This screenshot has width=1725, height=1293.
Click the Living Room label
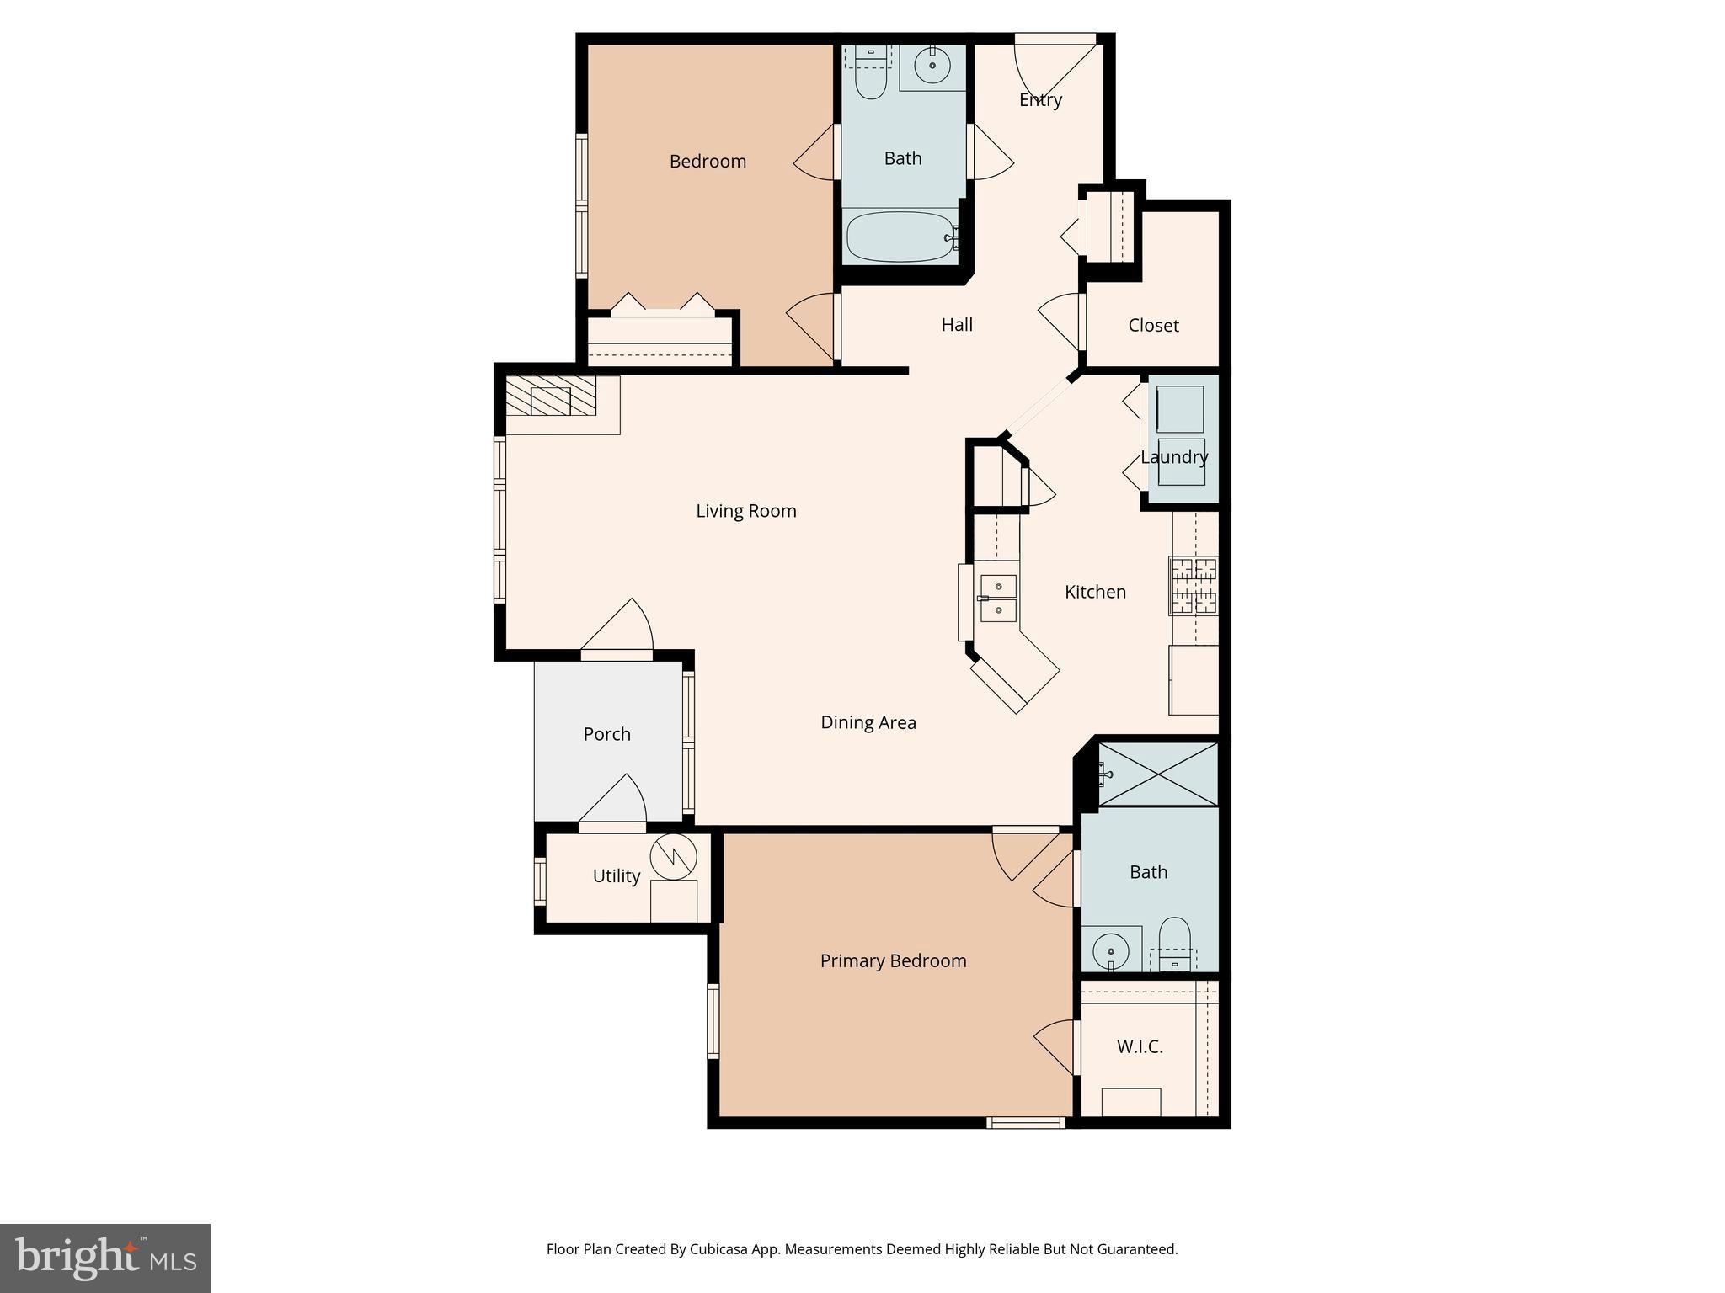745,511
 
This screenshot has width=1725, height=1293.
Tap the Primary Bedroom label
893,961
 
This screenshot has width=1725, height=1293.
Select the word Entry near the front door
1040,100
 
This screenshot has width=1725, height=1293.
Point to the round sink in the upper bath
932,65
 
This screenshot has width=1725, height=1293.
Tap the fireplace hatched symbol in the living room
551,395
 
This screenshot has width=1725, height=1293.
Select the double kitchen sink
998,598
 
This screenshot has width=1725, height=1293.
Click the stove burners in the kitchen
1194,586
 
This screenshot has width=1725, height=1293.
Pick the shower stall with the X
1158,774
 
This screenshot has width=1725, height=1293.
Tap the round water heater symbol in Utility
674,855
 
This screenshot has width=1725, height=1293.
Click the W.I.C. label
1140,1047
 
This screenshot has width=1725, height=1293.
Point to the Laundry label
1174,457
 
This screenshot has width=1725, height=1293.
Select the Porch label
606,734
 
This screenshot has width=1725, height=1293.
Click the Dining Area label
868,722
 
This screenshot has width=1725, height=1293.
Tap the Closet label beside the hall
1153,326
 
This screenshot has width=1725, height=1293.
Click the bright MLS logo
105,1258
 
